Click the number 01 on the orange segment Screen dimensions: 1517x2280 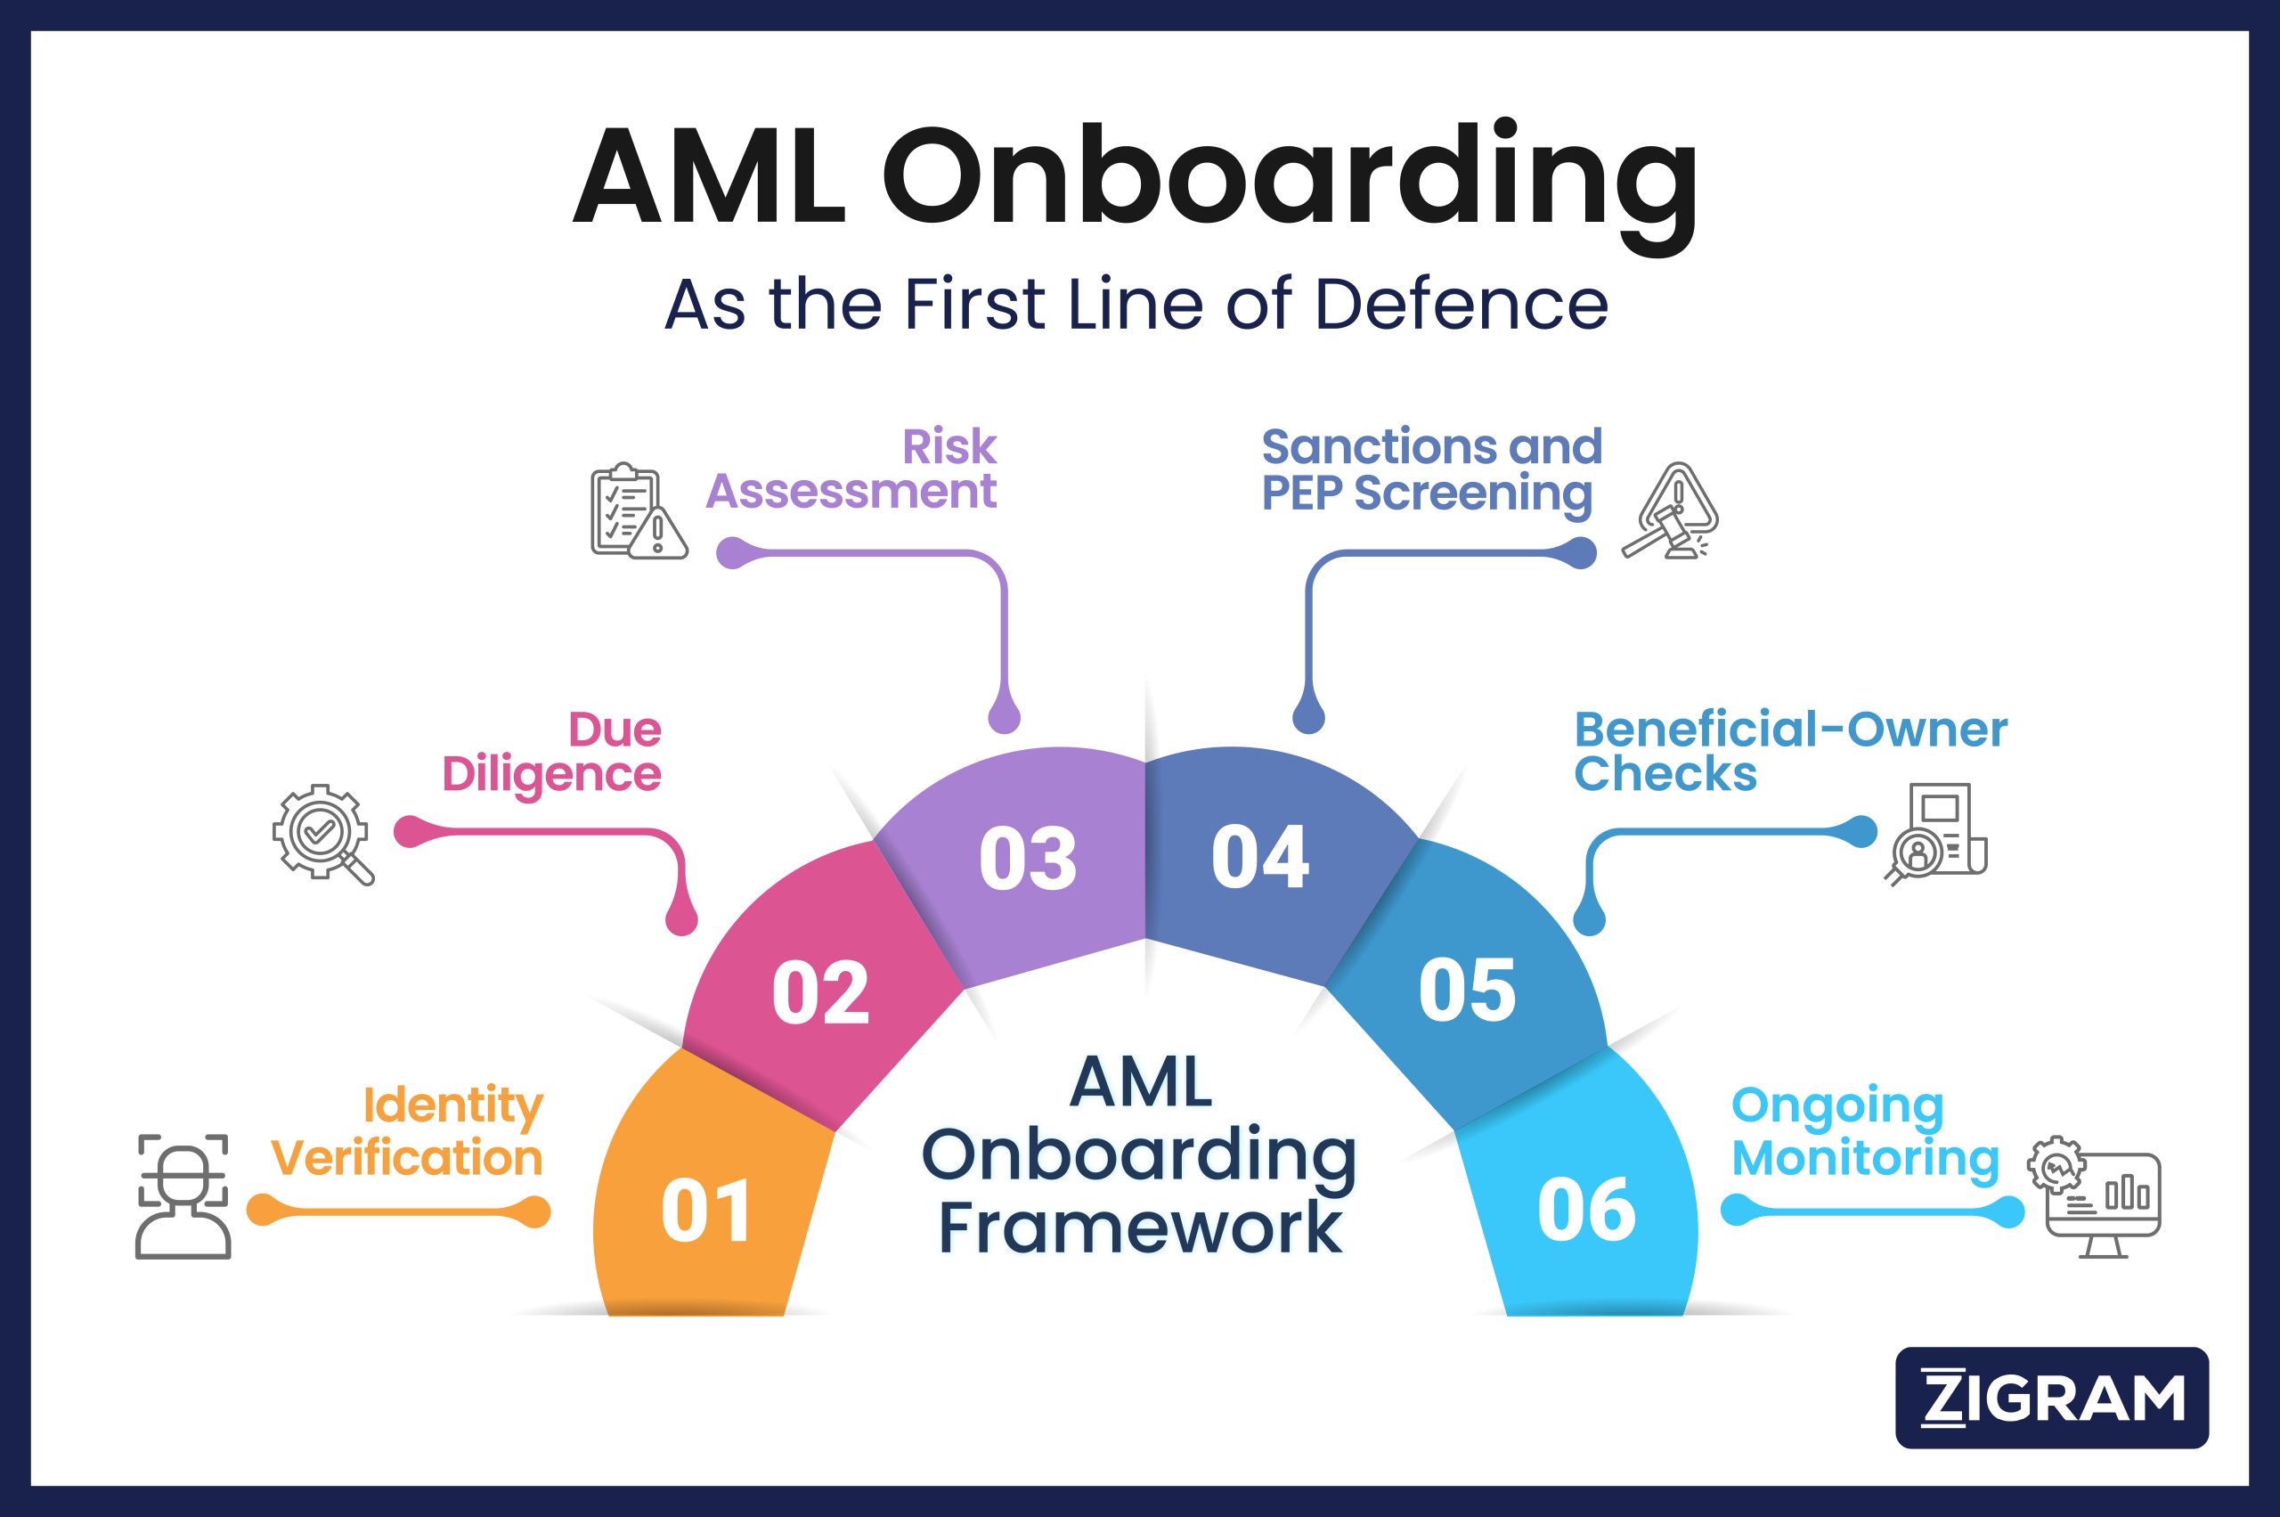coord(706,1211)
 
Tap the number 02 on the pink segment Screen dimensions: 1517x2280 coord(820,992)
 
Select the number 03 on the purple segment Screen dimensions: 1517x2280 coord(1027,859)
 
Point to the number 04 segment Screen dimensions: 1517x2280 coord(1260,857)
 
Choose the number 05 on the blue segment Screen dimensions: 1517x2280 coord(1467,990)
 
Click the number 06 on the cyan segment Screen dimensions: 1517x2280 coord(1586,1211)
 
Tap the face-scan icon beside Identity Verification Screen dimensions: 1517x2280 coord(183,1195)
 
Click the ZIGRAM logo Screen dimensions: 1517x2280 coord(2052,1398)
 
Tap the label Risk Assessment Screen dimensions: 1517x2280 coord(851,469)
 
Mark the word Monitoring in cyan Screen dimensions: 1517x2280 coord(1864,1159)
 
